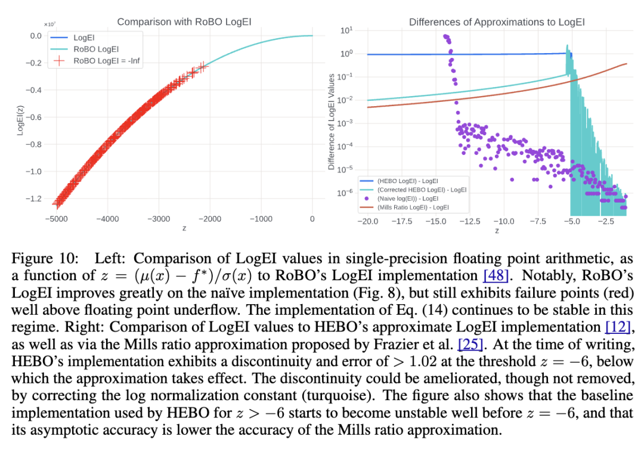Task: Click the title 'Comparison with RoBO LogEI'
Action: [x=184, y=22]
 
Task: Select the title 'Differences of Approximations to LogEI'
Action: [x=497, y=22]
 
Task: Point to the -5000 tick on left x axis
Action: [x=58, y=219]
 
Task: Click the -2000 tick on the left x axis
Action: [x=210, y=219]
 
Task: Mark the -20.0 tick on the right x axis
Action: [x=367, y=222]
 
